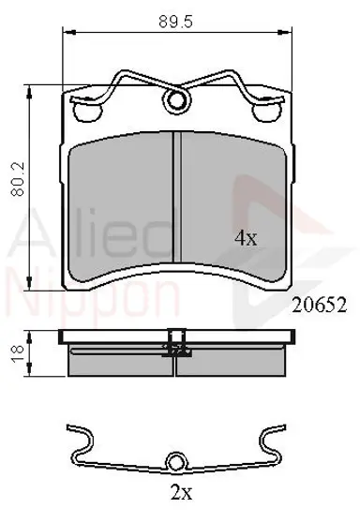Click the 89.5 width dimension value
[x=176, y=22]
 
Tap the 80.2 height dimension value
[x=18, y=179]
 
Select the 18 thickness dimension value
[x=18, y=353]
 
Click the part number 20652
[x=320, y=305]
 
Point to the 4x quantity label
[x=246, y=238]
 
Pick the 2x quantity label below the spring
[x=182, y=492]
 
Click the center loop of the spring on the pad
[x=176, y=99]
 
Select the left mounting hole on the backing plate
[x=87, y=112]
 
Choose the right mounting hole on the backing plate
[x=266, y=112]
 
